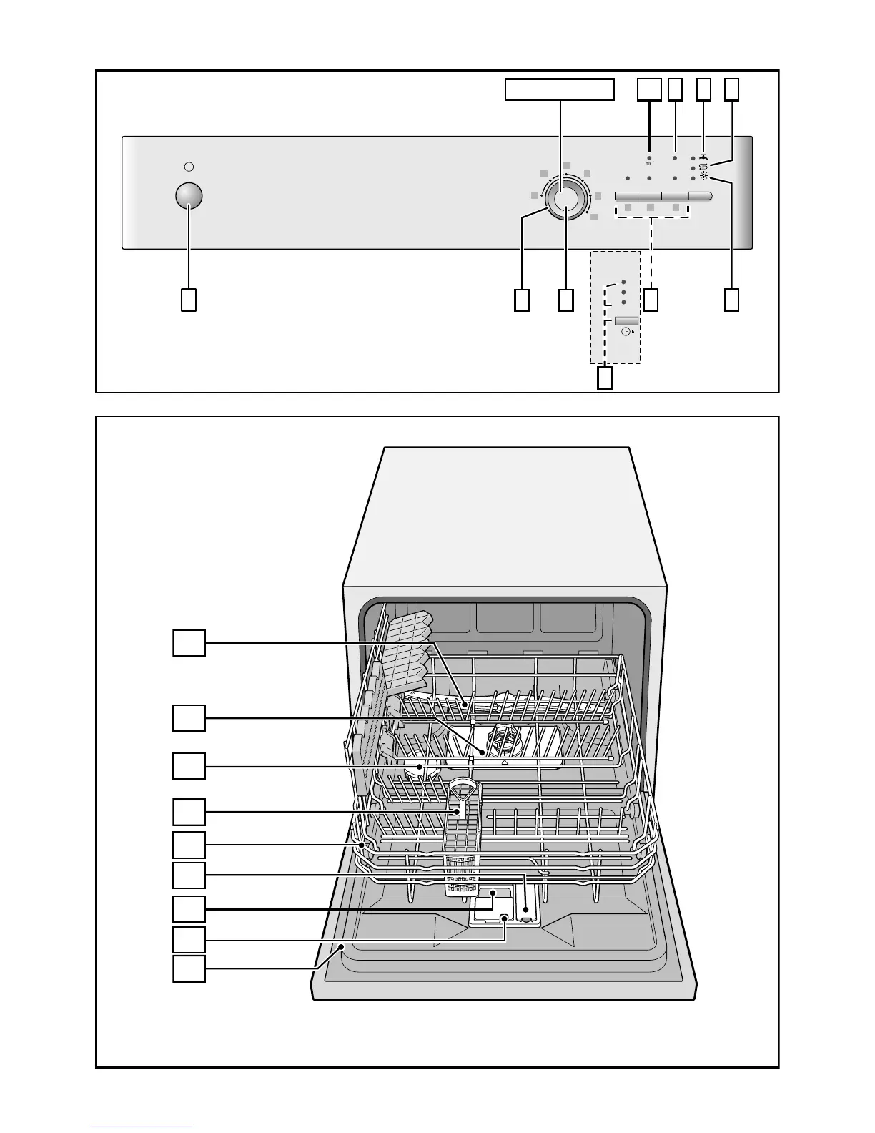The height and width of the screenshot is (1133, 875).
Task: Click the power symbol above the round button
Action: (189, 167)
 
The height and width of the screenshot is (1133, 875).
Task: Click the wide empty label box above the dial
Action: (560, 90)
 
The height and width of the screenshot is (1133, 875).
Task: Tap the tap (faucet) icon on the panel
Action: (704, 157)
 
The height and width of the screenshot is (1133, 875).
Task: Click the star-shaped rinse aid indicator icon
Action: (704, 177)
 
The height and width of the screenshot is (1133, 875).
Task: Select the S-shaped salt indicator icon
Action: (703, 167)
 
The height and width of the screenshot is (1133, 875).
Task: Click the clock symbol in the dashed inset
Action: (626, 332)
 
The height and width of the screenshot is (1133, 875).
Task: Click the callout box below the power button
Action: (188, 300)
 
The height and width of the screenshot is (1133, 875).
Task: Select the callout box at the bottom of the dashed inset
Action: (605, 378)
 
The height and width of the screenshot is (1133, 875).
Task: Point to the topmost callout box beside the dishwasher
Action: (189, 642)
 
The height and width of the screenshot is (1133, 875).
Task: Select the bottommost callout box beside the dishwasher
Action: (189, 968)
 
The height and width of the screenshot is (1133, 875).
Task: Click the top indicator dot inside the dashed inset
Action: (623, 282)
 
